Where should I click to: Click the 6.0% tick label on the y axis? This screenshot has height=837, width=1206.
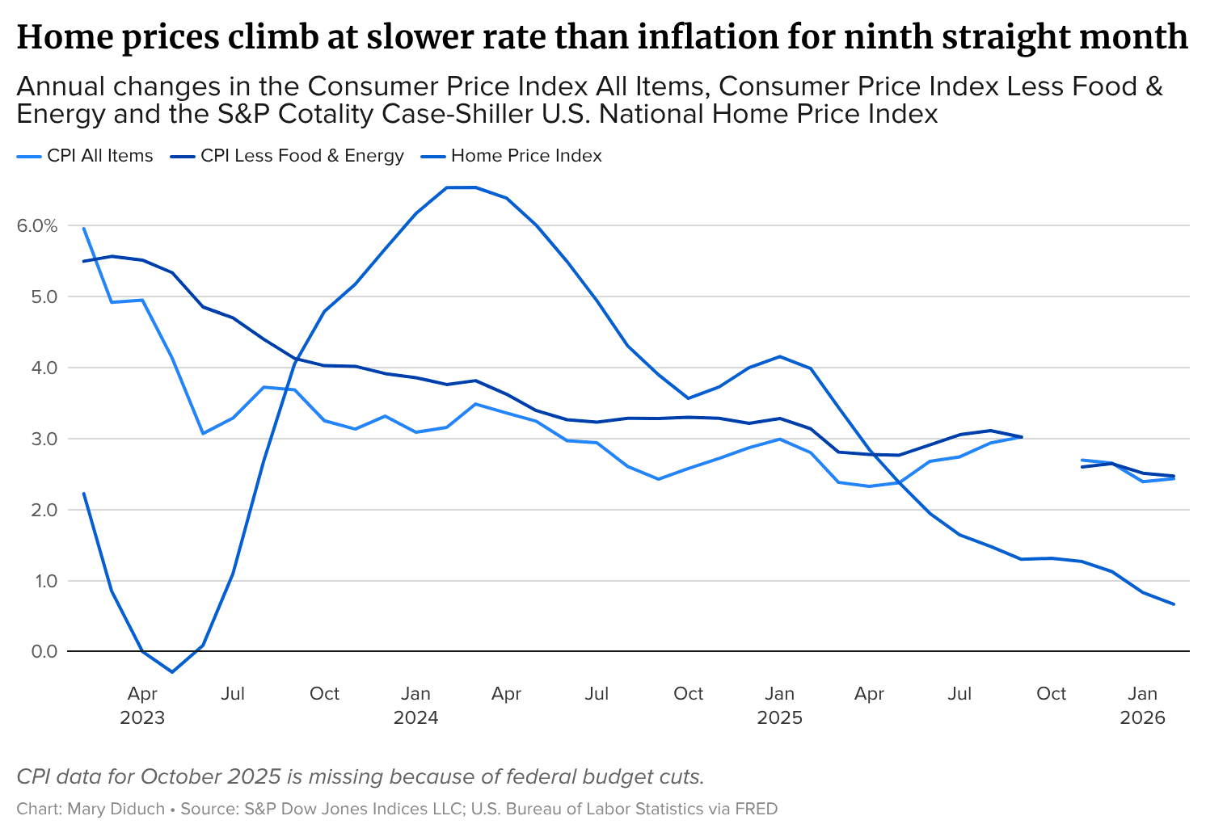(x=37, y=225)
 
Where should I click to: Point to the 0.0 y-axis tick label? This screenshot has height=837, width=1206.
(x=44, y=651)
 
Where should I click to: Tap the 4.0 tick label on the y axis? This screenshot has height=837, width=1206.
(x=44, y=368)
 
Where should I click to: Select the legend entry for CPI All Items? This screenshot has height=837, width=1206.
(x=85, y=156)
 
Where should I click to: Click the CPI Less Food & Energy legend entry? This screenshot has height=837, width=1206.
(x=287, y=156)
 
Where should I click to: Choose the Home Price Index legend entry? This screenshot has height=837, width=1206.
(x=511, y=156)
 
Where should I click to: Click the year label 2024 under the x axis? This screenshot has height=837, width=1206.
(x=415, y=717)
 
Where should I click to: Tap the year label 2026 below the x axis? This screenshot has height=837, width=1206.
(x=1142, y=717)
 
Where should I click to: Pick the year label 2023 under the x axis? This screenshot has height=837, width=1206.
(x=142, y=717)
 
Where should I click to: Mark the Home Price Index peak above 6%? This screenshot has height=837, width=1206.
(x=462, y=187)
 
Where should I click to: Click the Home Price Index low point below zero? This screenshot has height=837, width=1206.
(x=172, y=672)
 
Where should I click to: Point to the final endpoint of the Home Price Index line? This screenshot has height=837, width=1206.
(x=1174, y=604)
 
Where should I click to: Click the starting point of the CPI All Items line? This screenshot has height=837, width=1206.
(x=84, y=228)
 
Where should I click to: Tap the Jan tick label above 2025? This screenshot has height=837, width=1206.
(x=779, y=693)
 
